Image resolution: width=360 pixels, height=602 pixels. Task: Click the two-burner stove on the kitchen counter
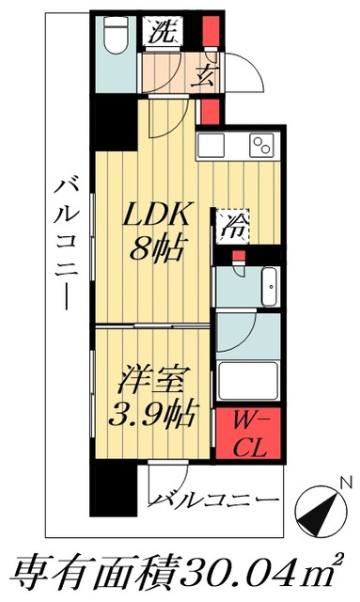point(260,147)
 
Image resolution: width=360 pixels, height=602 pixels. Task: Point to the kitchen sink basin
point(212,147)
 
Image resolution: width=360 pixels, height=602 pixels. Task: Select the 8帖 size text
point(158,250)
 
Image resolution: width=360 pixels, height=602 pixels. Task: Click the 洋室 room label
point(154,383)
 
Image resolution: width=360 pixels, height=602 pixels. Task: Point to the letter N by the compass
point(346,484)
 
